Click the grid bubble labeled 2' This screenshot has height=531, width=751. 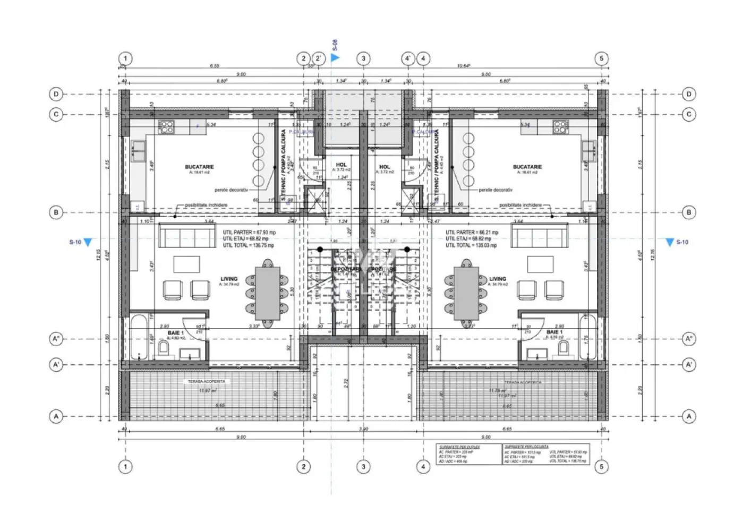tap(318, 58)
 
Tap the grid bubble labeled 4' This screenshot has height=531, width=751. tap(407, 58)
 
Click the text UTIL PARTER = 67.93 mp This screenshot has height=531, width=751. tap(249, 233)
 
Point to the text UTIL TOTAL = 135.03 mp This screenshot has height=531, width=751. tap(472, 245)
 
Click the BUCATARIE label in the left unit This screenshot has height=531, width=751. tap(199, 167)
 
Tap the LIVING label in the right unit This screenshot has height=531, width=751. tap(498, 279)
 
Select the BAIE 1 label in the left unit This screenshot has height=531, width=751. tap(176, 332)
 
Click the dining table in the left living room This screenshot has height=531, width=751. tap(268, 293)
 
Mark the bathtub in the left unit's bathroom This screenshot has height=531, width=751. tap(140, 337)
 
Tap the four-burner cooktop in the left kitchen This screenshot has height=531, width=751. tap(166, 127)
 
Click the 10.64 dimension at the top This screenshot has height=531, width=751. tap(463, 66)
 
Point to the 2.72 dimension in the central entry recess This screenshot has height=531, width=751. tap(346, 381)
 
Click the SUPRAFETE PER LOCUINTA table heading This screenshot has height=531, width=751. tap(527, 447)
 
